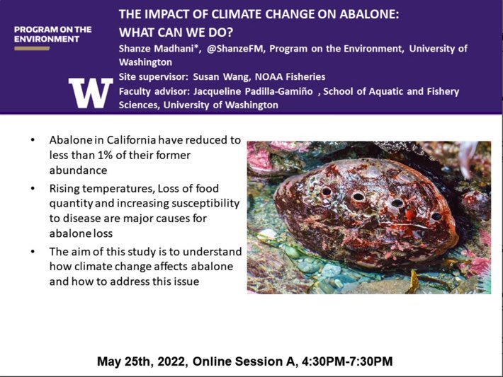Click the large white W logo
click(x=90, y=91)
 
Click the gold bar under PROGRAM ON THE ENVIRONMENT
click(x=32, y=49)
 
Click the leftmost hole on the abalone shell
click(x=326, y=192)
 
